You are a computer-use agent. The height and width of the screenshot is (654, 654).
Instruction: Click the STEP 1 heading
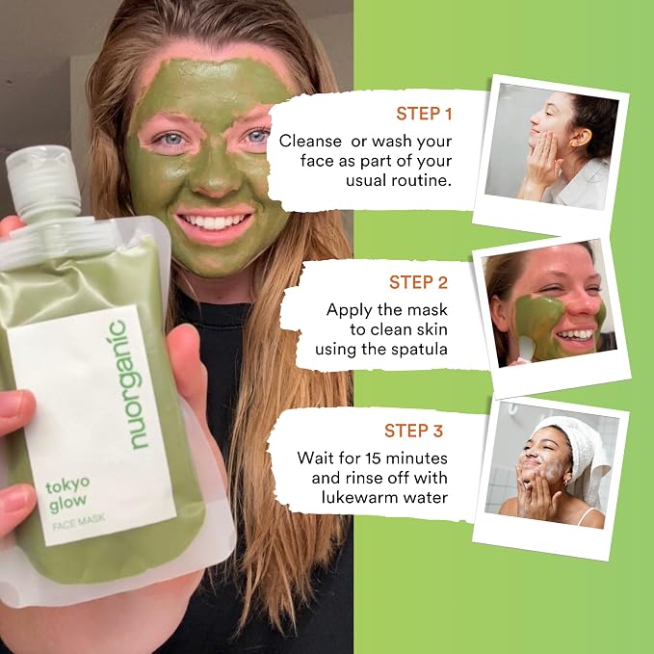(x=424, y=114)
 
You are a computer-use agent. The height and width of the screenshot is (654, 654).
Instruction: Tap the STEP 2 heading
(x=418, y=282)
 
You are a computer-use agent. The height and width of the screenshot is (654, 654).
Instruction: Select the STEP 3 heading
(x=413, y=431)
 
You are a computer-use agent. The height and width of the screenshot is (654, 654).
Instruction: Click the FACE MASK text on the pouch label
(x=79, y=522)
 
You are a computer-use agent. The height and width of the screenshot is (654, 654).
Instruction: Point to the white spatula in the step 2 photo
(x=526, y=349)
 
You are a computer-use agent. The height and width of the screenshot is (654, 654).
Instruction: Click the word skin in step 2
(x=432, y=329)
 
